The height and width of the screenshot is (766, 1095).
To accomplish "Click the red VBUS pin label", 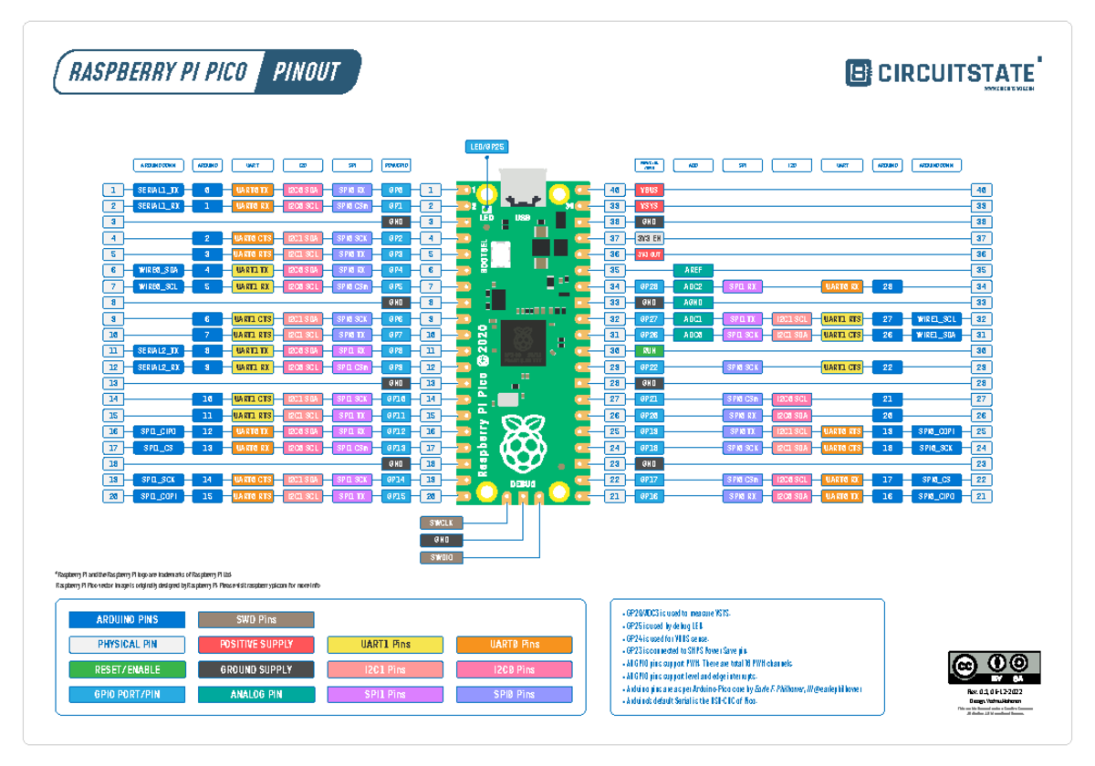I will click(x=649, y=190).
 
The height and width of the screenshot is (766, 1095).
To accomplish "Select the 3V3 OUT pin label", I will click(x=649, y=254).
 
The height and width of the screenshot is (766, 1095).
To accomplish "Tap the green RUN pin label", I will click(x=649, y=351).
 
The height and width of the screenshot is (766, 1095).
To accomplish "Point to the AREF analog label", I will click(x=693, y=271).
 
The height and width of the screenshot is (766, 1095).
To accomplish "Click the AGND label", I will click(x=693, y=303).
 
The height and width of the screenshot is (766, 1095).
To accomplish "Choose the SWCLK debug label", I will click(x=442, y=523).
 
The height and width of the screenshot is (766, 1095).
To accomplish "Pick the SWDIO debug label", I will click(x=442, y=557).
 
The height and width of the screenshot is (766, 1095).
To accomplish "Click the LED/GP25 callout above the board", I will click(x=487, y=147).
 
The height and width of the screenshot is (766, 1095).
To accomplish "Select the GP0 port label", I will click(x=395, y=190).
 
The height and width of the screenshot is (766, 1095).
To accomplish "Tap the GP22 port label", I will click(x=649, y=367).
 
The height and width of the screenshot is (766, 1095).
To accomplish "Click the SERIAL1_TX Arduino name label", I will click(x=159, y=190).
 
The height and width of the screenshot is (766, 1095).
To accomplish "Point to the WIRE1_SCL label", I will click(x=936, y=319).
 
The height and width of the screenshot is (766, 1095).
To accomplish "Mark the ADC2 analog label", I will click(x=693, y=286).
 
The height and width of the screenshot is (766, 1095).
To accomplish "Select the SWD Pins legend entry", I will click(x=256, y=620).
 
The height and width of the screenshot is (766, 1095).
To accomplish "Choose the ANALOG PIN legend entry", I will click(x=256, y=695).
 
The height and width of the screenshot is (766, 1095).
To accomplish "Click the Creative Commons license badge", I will click(x=994, y=668).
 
